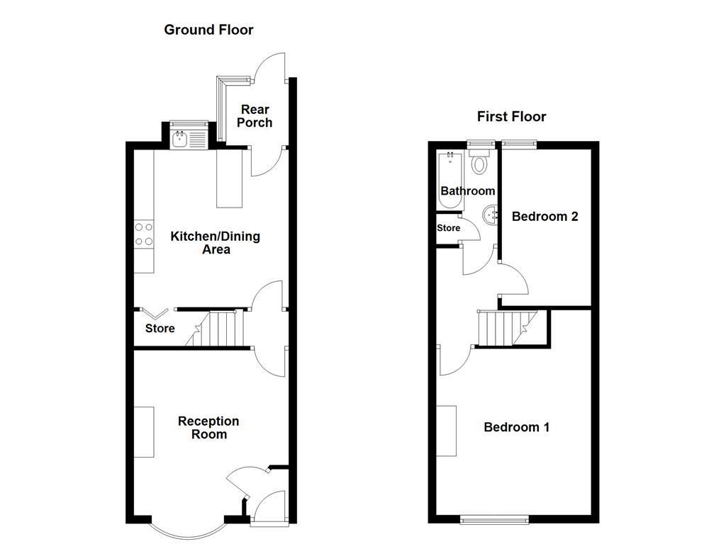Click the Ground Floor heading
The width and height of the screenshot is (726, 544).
pyautogui.click(x=208, y=30)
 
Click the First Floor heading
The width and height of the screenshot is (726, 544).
pyautogui.click(x=512, y=117)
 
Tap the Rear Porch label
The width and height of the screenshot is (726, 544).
pyautogui.click(x=255, y=116)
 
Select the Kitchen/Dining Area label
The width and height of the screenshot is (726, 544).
pyautogui.click(x=216, y=243)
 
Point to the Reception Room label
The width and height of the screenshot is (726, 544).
pyautogui.click(x=209, y=428)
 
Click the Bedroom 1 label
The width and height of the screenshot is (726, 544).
pyautogui.click(x=517, y=427)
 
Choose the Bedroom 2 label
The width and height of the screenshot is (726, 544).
pyautogui.click(x=545, y=217)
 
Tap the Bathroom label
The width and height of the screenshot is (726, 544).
pyautogui.click(x=468, y=191)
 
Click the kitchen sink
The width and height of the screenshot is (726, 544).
pyautogui.click(x=189, y=140)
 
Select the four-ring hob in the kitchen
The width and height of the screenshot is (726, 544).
pyautogui.click(x=144, y=234)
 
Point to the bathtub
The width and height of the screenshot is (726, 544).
pyautogui.click(x=450, y=181)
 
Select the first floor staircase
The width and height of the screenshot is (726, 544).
pyautogui.click(x=507, y=328)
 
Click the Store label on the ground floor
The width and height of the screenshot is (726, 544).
pyautogui.click(x=160, y=329)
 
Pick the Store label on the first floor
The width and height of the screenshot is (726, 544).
pyautogui.click(x=448, y=228)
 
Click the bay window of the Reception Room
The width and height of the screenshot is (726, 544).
pyautogui.click(x=188, y=530)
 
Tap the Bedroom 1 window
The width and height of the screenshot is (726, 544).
pyautogui.click(x=494, y=520)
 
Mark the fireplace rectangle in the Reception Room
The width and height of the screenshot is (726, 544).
pyautogui.click(x=144, y=432)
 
